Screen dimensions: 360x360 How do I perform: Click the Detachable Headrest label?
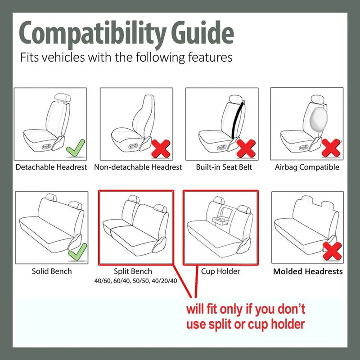click(51, 167)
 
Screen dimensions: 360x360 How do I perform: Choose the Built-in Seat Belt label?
click(224, 167)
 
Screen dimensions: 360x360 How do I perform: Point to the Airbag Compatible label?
click(307, 167)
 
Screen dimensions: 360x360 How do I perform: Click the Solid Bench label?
click(52, 271)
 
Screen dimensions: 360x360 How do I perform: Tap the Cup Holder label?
click(220, 271)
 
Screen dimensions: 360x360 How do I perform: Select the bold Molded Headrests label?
click(308, 271)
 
